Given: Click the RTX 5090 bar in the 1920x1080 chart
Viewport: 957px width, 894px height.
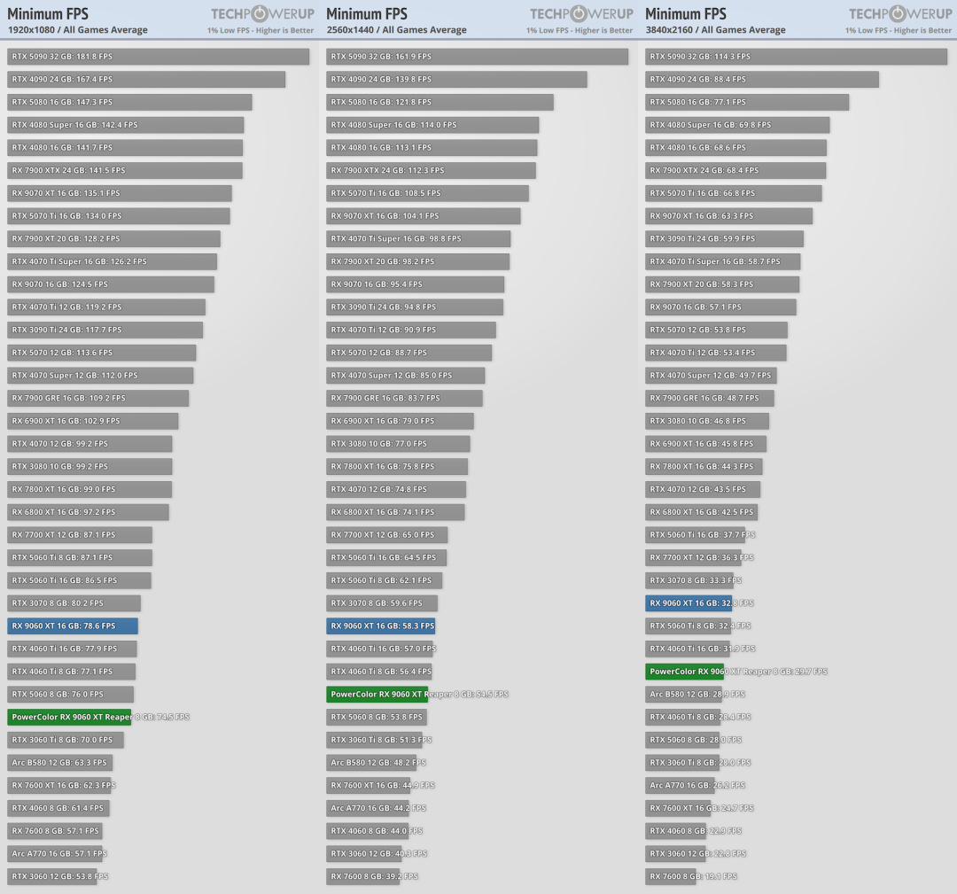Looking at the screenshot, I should [x=158, y=57].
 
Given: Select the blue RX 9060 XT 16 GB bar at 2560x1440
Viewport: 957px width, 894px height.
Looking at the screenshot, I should [x=380, y=626].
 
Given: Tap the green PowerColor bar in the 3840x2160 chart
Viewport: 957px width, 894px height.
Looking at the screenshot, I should [x=684, y=672].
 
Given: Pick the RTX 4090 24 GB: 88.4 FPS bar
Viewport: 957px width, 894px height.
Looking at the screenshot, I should [x=761, y=80].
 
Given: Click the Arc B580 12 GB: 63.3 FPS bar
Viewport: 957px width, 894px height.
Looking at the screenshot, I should [x=59, y=762].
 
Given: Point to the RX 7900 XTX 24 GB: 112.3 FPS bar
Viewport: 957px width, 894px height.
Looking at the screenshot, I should [x=431, y=170].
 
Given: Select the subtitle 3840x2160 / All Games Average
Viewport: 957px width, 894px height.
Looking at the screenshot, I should [x=715, y=30].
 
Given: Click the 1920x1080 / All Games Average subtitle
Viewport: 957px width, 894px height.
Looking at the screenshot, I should [x=78, y=30].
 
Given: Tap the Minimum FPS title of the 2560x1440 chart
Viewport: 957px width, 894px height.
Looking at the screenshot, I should [x=367, y=13].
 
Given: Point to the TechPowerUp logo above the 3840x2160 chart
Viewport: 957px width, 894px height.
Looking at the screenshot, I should [x=899, y=13].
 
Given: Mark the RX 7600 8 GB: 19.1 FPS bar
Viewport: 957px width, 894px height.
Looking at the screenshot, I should [x=673, y=876].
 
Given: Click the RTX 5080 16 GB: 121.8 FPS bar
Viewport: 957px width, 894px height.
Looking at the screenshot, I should [x=440, y=102].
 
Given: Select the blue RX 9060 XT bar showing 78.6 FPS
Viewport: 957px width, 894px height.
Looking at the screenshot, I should [x=73, y=626].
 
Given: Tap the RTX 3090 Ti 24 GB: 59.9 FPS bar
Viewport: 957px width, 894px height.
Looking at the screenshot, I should [x=724, y=238].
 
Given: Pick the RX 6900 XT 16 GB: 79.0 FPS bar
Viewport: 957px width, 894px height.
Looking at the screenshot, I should [x=400, y=421].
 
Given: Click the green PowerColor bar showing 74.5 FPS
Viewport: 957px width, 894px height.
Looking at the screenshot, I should [x=69, y=717].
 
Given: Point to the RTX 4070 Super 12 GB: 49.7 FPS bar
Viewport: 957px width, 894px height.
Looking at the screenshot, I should [x=711, y=375].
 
